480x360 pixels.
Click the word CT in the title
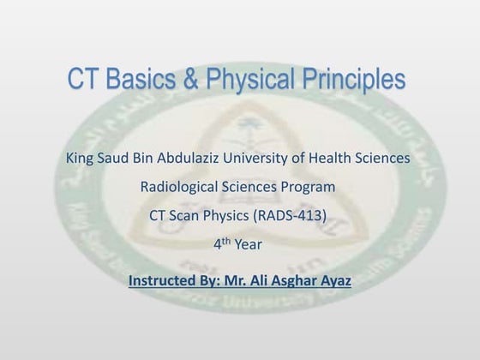tap(85, 81)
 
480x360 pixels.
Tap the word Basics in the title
tap(144, 81)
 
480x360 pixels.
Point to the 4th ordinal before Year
tap(221, 244)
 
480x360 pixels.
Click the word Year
tap(248, 245)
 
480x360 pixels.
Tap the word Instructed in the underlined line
tap(161, 280)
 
